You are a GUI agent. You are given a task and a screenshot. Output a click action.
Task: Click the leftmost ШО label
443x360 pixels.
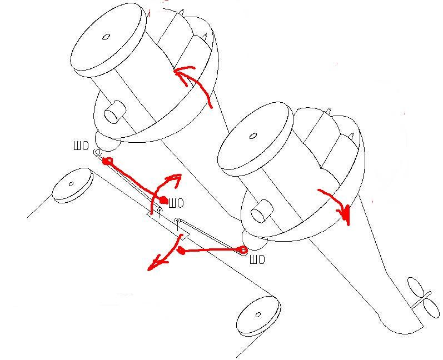pos(81,147)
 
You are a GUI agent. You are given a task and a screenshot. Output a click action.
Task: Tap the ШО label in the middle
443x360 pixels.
pos(176,203)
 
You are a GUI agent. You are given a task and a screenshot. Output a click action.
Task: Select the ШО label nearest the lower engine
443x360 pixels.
pos(256,259)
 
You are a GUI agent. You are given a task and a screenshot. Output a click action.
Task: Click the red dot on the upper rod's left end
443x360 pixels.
pos(107,162)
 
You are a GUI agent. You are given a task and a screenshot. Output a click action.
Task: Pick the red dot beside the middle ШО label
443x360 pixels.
pos(163,200)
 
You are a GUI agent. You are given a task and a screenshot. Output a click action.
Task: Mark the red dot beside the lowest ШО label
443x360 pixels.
pos(243,250)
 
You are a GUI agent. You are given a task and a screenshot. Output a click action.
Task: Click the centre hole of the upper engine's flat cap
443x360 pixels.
pos(106,38)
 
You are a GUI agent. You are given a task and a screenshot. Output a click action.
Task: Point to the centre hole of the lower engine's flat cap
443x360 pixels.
pos(253,136)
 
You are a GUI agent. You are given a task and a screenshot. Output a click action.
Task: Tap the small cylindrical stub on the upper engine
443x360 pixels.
pos(114,112)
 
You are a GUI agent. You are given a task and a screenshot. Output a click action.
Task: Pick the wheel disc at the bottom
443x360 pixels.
pos(257,315)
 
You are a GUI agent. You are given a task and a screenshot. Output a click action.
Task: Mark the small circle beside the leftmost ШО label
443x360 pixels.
pos(97,152)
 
